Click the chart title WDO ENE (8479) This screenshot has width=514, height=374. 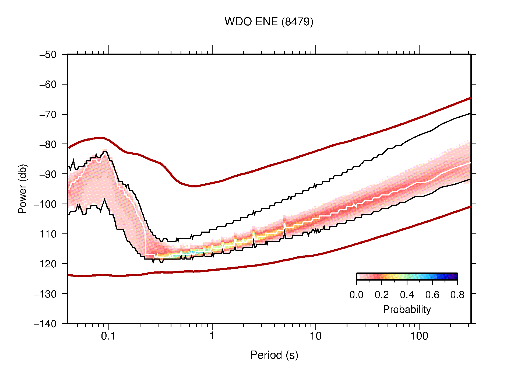[269, 22]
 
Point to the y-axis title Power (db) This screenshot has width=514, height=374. [23, 189]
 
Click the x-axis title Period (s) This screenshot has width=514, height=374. [274, 355]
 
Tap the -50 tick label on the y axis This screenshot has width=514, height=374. [48, 55]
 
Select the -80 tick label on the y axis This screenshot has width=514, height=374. [48, 144]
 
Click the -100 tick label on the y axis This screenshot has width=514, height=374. [45, 204]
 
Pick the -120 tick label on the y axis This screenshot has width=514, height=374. [45, 264]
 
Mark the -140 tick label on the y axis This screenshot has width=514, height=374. [45, 324]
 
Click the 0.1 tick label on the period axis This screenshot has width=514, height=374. [108, 336]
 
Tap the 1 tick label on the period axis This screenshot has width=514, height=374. [212, 336]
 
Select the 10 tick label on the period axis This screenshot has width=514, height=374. [315, 336]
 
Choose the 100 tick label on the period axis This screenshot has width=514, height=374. [419, 336]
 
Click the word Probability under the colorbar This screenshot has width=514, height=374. [407, 310]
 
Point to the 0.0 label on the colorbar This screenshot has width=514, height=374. [356, 295]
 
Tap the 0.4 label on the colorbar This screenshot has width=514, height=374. [407, 295]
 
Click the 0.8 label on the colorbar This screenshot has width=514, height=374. [457, 295]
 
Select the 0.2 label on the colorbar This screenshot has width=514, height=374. [382, 295]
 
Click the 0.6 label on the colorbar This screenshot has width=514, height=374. [432, 295]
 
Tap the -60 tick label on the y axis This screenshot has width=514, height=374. [48, 85]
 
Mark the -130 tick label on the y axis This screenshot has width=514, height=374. [45, 294]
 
